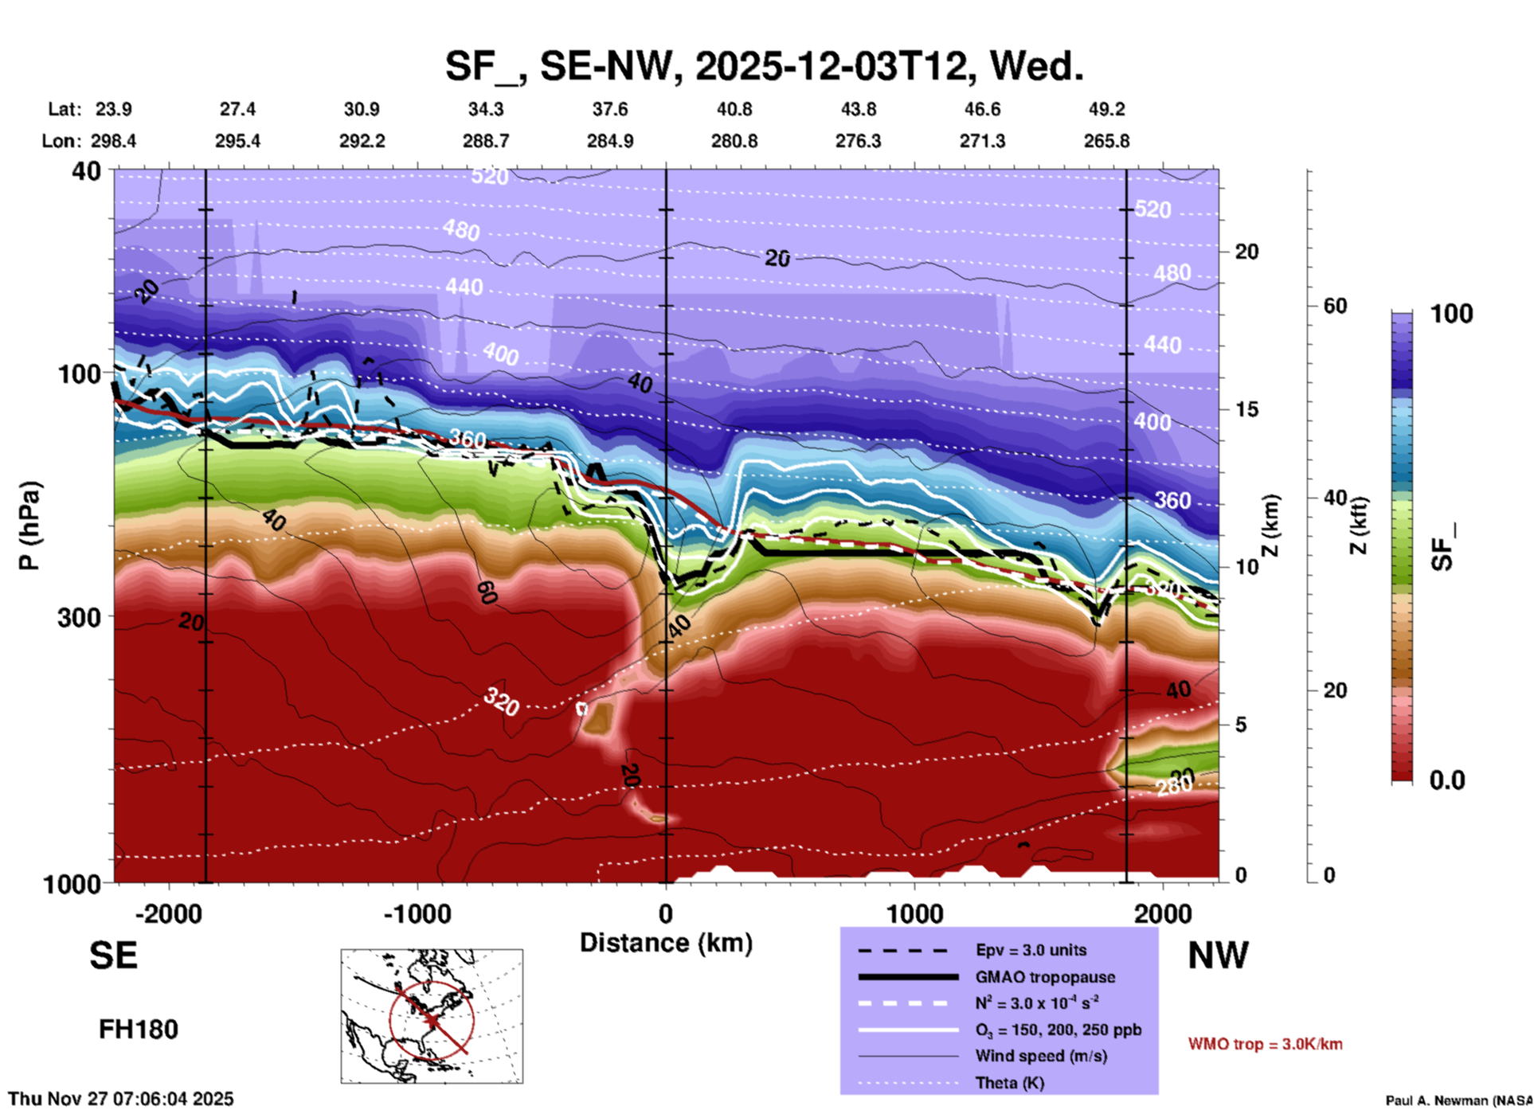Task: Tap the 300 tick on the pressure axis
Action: coord(79,617)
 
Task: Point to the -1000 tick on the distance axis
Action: coord(417,914)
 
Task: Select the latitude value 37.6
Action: coord(610,109)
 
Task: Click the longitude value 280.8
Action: coord(734,141)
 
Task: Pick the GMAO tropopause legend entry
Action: coord(1045,977)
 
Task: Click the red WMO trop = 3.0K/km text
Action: coord(1265,1044)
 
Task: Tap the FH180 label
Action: coord(138,1030)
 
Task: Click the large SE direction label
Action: coord(113,956)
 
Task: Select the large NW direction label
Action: coord(1218,956)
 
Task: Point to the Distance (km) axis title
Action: coord(666,943)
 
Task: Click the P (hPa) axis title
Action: coord(29,525)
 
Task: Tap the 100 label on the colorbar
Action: coord(1451,314)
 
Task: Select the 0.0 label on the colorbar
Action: coord(1446,780)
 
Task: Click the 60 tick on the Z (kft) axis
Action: coord(1335,306)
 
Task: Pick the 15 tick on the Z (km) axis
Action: coord(1246,409)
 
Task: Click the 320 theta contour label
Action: coord(502,702)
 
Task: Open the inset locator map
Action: coord(432,1015)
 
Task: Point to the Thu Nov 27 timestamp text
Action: coord(121,1099)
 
